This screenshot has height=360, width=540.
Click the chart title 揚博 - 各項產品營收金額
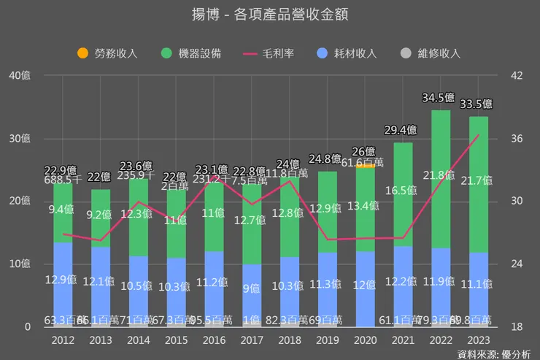coord(269,15)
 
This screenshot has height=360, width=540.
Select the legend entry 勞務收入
coord(110,53)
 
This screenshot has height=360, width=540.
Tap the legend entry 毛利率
coord(269,53)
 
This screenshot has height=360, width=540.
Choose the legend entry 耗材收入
coord(347,53)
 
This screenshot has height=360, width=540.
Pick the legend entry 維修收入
coord(431,53)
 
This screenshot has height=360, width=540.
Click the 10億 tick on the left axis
coord(21,264)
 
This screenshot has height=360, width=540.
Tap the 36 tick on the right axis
coord(514,139)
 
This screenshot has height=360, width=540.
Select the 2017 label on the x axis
coord(252,340)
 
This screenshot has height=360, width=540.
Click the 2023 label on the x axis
coord(479,340)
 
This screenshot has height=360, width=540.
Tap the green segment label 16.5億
coord(401,190)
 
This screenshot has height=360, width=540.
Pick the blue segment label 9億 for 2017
coord(252,288)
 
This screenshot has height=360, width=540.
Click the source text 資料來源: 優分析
coord(494,353)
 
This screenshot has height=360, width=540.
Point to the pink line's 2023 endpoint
coord(479,135)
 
